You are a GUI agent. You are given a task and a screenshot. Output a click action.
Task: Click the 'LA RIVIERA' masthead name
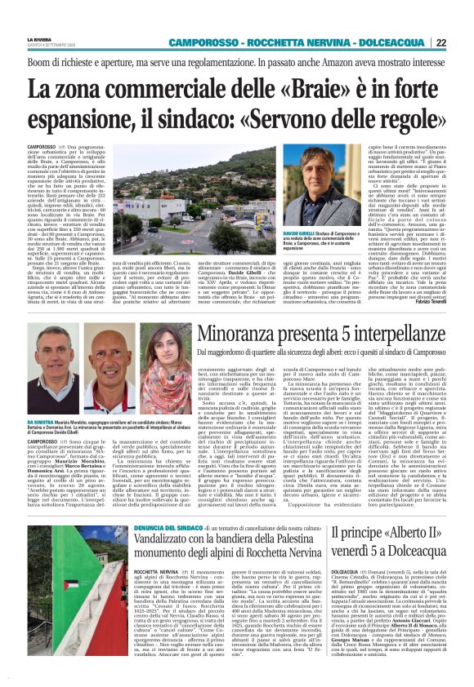[39, 38]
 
